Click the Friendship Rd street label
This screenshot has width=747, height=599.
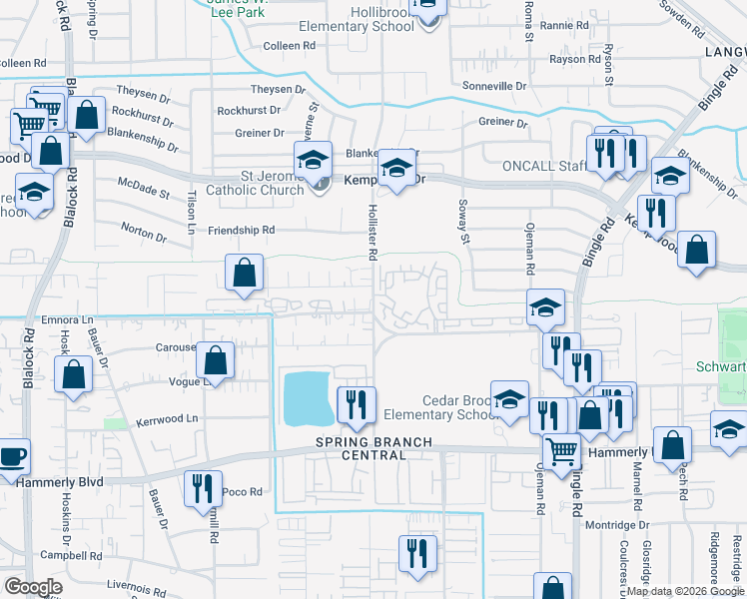tap(241, 231)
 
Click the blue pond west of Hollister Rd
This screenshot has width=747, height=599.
tap(308, 398)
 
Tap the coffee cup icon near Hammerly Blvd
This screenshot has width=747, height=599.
tap(13, 457)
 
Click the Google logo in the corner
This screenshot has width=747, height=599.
tap(33, 587)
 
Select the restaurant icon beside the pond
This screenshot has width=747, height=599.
tap(357, 403)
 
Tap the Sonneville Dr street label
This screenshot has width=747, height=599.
tap(492, 87)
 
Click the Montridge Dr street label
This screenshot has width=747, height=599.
tap(617, 525)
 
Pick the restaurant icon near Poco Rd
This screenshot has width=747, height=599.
tap(201, 489)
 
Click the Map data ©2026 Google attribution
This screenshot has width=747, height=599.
tap(685, 591)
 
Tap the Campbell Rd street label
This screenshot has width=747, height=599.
tap(71, 555)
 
